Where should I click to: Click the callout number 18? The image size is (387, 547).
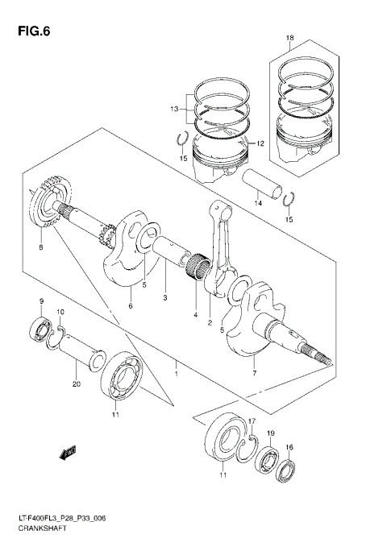tap(289, 38)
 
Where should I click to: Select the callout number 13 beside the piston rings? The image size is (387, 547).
tap(173, 108)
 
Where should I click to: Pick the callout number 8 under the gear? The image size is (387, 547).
tap(41, 248)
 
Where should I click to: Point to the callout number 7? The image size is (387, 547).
tap(255, 374)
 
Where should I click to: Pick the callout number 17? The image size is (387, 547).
tap(252, 421)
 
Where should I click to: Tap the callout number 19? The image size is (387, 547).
tap(271, 434)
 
